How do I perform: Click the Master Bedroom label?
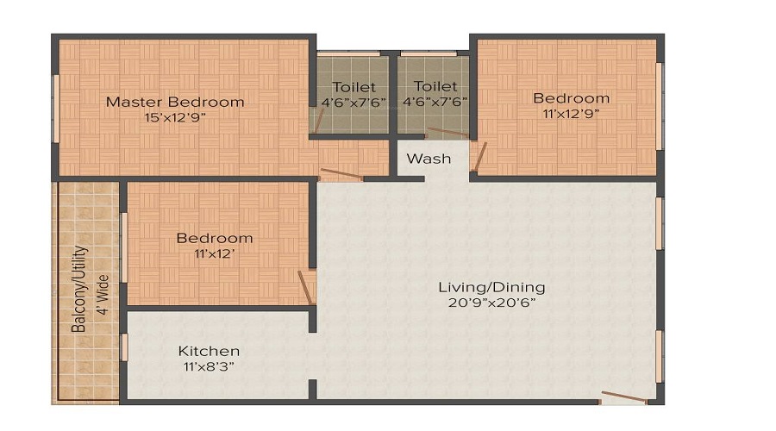coord(175,102)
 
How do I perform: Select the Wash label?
coord(429,159)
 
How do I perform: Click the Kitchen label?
coord(209,351)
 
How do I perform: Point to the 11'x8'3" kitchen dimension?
coord(207,365)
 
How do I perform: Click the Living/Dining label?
coord(491,287)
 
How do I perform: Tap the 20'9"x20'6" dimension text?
coord(491,303)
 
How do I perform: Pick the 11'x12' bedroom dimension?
coord(215,253)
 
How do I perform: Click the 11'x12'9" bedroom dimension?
coord(571,113)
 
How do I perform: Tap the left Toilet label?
coord(354,87)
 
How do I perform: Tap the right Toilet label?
coord(435,87)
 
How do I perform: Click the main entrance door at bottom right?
coord(624,397)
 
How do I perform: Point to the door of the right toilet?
coord(447,133)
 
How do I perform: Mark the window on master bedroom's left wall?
coord(56,108)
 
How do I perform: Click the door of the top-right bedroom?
coord(480,157)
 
